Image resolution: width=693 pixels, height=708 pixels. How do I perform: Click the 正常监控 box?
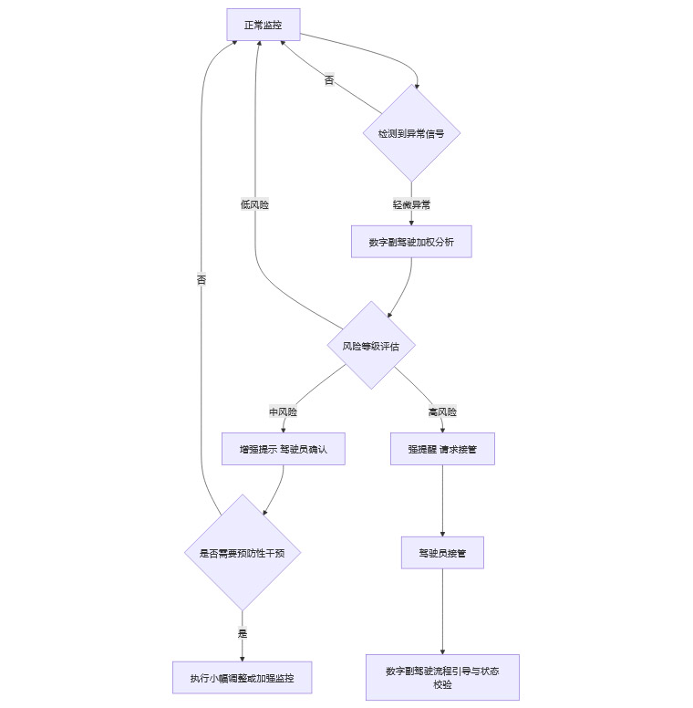(263, 25)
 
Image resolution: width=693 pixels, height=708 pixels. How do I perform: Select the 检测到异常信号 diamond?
(411, 133)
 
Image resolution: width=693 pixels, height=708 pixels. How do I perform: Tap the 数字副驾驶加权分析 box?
(411, 242)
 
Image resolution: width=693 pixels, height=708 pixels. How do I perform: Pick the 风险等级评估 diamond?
(370, 346)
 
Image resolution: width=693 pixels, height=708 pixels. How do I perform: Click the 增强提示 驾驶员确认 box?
(283, 449)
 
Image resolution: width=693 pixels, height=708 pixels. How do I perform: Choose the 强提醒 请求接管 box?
(442, 449)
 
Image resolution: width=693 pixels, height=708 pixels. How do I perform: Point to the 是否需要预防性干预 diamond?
(243, 553)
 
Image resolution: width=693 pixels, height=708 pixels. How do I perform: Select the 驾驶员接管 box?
(442, 553)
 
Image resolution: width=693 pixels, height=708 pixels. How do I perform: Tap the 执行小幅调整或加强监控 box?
(242, 678)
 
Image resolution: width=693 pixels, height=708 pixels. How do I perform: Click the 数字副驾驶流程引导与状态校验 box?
(442, 677)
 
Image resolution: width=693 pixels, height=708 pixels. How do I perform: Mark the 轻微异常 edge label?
(411, 204)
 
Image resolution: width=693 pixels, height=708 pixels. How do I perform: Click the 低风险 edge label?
(254, 204)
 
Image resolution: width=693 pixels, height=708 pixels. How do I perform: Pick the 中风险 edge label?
(283, 411)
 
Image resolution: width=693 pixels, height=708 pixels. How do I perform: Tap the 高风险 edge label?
(442, 411)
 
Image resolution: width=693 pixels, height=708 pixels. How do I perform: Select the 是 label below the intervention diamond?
(243, 633)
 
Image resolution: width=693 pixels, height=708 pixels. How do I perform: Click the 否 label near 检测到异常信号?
(329, 80)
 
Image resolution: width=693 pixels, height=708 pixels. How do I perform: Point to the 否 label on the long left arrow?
(201, 280)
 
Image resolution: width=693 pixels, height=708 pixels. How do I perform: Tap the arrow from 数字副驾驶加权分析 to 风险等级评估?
(399, 287)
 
